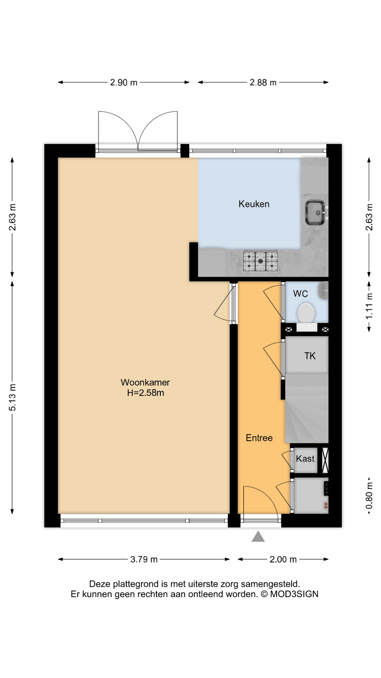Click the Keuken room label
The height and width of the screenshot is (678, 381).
tap(254, 204)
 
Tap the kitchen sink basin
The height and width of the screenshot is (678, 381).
tap(315, 212)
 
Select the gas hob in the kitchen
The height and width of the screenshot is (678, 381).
tap(260, 261)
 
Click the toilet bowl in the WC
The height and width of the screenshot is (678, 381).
tap(306, 313)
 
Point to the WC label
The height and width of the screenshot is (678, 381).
tap(300, 294)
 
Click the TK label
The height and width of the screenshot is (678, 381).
tap(310, 356)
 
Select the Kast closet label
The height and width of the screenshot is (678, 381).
tap(305, 459)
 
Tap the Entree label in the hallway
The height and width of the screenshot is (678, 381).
tap(259, 438)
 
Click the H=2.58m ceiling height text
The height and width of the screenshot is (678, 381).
tap(145, 393)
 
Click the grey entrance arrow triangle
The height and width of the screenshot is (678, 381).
tap(258, 537)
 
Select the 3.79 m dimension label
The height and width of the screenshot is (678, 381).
tap(144, 559)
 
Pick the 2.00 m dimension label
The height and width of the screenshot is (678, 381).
tap(283, 559)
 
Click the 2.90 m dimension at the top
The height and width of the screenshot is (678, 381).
tap(123, 83)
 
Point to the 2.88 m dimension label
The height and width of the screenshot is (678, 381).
tap(263, 83)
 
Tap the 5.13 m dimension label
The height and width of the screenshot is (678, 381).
tap(13, 397)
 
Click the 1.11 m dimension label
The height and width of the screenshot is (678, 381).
tap(369, 307)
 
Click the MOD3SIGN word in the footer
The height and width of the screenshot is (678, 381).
tap(294, 594)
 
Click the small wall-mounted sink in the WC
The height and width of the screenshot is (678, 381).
tap(323, 291)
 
